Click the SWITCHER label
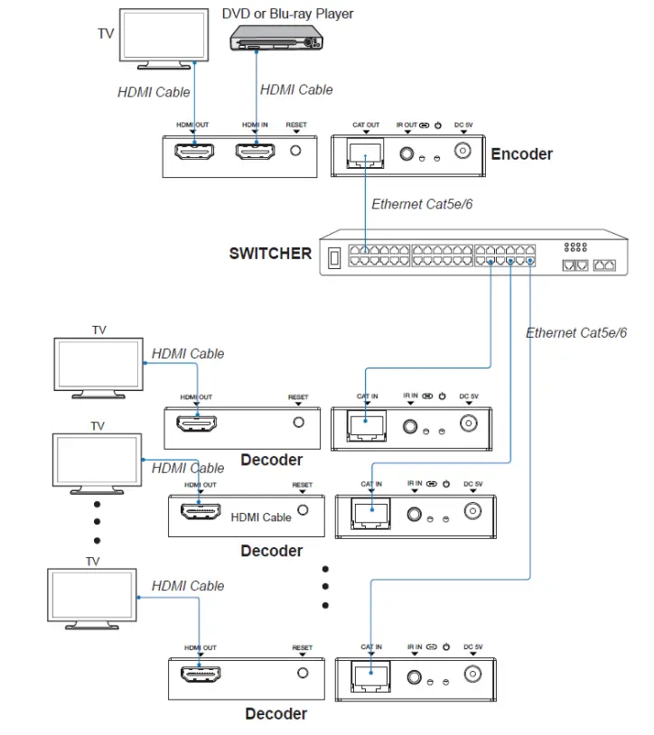270,253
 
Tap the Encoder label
521,154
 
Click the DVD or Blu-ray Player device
275,37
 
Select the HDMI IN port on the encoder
256,154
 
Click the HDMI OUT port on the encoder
194,154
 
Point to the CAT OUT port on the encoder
365,155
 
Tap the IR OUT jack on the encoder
407,155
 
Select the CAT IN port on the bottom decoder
369,675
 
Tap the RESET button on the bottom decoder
303,673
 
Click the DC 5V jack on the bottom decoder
472,674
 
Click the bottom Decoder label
276,714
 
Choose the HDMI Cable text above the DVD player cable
296,89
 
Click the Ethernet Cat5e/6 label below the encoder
422,204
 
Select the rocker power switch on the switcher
333,256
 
